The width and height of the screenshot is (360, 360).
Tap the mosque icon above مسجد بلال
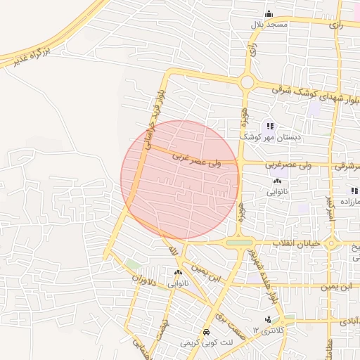(269, 13)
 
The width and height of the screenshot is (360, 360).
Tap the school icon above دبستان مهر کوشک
(269, 127)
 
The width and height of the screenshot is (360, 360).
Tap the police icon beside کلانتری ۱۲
(268, 321)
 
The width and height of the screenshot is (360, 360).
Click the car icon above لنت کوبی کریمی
(205, 332)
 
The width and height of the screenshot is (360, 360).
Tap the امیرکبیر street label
(328, 211)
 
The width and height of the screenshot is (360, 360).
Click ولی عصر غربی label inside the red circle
(197, 161)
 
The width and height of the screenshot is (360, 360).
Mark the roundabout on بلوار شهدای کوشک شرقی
(247, 82)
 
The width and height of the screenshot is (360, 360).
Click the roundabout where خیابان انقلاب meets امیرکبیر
(332, 244)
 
